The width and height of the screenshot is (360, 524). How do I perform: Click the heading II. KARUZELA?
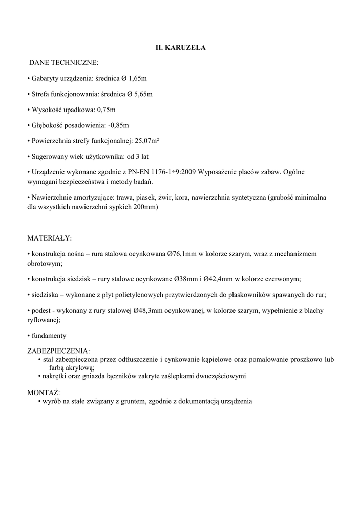pos(180,47)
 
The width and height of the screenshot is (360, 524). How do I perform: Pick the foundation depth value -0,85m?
pos(118,125)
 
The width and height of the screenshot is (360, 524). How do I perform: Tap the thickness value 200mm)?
pos(147,207)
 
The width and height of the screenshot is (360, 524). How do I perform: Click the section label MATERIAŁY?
pos(49,238)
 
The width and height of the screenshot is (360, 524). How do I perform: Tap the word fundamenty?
pos(49,336)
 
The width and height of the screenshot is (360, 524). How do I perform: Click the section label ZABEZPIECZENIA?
pos(58,352)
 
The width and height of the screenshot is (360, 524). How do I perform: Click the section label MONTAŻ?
pos(43,392)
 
